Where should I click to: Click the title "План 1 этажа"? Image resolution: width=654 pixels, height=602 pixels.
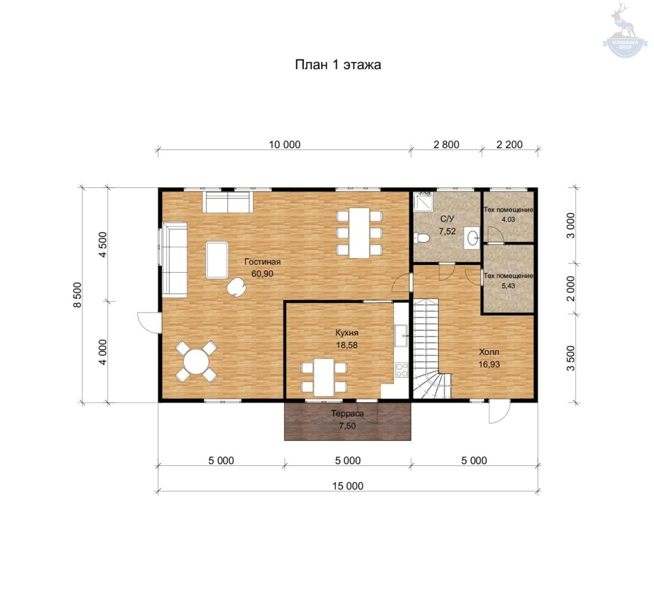click(x=338, y=65)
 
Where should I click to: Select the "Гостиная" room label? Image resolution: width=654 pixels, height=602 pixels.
click(x=262, y=262)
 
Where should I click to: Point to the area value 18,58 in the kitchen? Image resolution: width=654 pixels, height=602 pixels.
click(x=347, y=345)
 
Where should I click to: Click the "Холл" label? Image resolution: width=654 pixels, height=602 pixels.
click(x=489, y=352)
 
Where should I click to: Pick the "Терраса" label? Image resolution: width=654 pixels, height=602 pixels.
click(x=347, y=413)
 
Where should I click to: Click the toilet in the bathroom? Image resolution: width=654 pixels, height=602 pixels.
click(x=422, y=238)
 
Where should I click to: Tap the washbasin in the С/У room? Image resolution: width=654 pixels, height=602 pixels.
click(x=473, y=238)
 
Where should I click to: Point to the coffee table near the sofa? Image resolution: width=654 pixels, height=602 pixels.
click(x=217, y=260)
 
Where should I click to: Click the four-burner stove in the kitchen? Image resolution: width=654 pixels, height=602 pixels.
click(x=402, y=369)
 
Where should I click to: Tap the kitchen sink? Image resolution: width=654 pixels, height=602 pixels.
click(x=401, y=336)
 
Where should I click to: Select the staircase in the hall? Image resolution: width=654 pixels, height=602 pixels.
click(x=431, y=349)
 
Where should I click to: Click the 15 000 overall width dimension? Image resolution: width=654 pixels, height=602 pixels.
click(x=347, y=486)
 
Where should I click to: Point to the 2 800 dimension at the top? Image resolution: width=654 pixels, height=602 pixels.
click(x=446, y=144)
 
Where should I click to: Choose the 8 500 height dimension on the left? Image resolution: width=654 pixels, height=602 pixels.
click(x=77, y=295)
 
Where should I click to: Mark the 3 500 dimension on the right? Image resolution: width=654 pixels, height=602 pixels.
click(x=570, y=358)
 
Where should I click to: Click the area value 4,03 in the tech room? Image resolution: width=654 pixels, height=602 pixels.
click(x=508, y=219)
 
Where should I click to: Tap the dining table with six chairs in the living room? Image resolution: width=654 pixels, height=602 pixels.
click(x=359, y=233)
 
